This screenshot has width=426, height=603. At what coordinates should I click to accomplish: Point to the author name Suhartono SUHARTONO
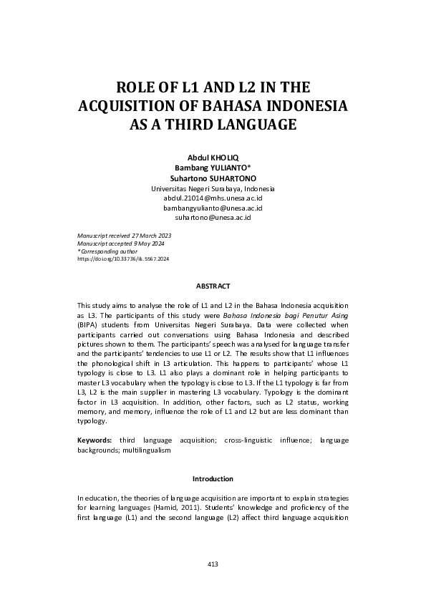pyautogui.click(x=213, y=178)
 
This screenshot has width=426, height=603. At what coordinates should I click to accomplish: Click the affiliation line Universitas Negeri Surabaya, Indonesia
pyautogui.click(x=213, y=188)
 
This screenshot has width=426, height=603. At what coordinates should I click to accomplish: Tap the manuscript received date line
pyautogui.click(x=123, y=235)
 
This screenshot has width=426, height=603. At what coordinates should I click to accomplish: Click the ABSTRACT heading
pyautogui.click(x=213, y=286)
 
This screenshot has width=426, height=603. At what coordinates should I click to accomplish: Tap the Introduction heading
pyautogui.click(x=213, y=478)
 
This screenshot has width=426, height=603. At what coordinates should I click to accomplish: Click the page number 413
pyautogui.click(x=213, y=564)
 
